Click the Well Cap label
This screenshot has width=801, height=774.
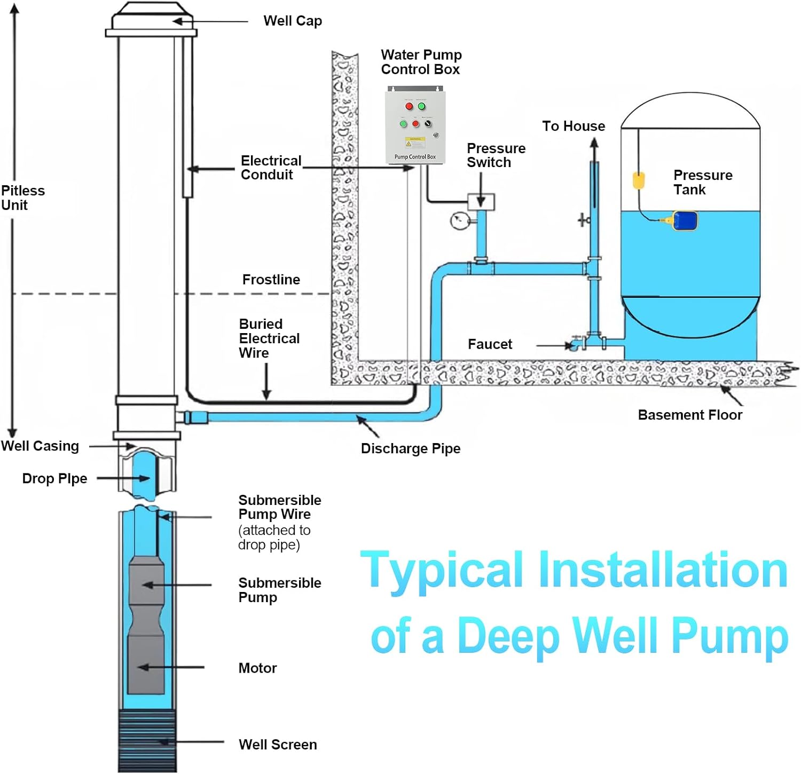tap(293, 21)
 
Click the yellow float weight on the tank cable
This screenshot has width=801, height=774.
tap(639, 180)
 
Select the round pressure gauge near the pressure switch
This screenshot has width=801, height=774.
tap(459, 220)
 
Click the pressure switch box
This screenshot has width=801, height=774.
tap(481, 202)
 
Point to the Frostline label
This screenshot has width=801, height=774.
tap(271, 280)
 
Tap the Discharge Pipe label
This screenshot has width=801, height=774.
tap(410, 448)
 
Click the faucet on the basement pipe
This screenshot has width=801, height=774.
tap(575, 344)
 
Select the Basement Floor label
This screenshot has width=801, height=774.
tap(689, 415)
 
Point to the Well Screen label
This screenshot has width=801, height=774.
tap(278, 744)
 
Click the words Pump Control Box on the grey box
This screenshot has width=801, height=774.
tap(415, 157)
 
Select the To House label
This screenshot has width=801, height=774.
tap(574, 126)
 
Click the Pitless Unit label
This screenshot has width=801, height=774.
tap(22, 198)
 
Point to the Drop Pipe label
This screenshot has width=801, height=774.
tap(54, 478)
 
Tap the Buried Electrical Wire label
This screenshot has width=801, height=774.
tap(269, 338)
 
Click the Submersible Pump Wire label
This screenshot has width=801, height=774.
tap(279, 507)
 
